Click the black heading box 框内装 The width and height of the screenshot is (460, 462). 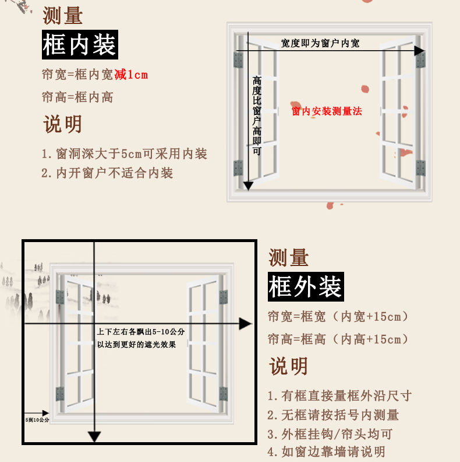[x=80, y=45]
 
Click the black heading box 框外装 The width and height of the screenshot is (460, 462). [x=305, y=287]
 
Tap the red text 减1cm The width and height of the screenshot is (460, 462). [x=131, y=75]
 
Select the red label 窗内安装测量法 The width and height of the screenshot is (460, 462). [x=327, y=111]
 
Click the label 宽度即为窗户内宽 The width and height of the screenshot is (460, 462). [x=320, y=44]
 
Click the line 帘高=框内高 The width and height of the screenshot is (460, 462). [x=77, y=97]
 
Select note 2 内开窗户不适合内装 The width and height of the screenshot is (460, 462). [x=107, y=173]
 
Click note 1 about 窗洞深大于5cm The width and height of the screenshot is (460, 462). [x=124, y=154]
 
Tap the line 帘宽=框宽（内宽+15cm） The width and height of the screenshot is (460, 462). [x=338, y=317]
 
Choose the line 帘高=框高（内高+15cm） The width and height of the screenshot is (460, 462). [x=338, y=339]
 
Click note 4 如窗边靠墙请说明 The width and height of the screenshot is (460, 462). [x=326, y=452]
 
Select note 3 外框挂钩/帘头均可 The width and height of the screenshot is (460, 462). [x=330, y=433]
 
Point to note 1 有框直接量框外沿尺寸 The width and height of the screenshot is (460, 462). [x=339, y=396]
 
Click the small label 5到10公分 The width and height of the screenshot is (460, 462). [x=37, y=419]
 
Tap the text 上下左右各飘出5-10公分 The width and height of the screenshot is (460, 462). [x=140, y=332]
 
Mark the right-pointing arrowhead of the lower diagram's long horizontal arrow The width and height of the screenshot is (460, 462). [x=245, y=323]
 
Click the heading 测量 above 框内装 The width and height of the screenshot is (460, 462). [x=62, y=16]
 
